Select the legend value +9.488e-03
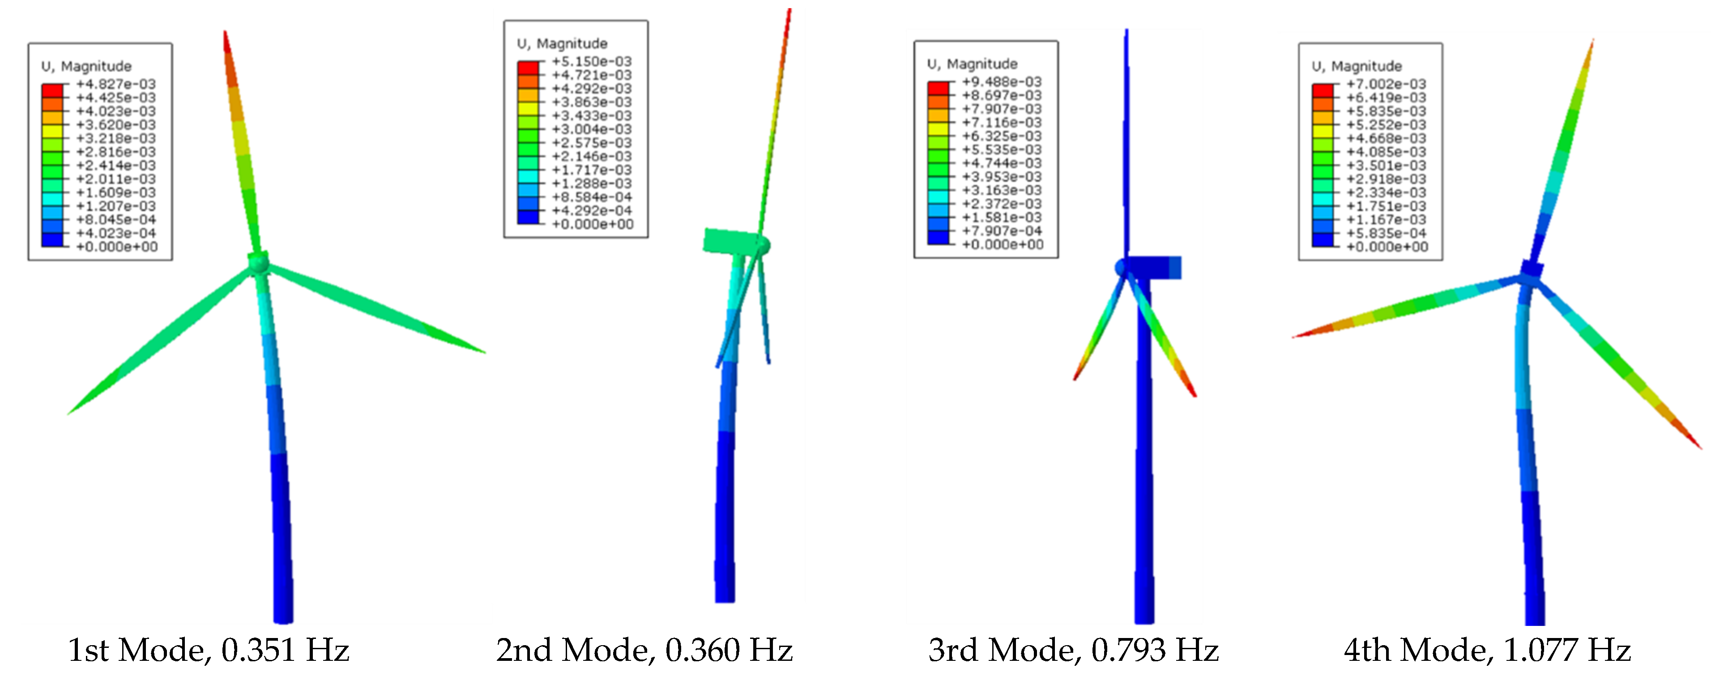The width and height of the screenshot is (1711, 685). coord(1002,81)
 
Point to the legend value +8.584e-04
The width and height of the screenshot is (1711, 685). coord(591,197)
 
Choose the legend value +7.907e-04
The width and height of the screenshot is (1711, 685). coord(1002,231)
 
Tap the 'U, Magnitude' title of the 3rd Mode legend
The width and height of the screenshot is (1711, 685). coord(972,64)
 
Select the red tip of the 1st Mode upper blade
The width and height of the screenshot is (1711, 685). coord(226,41)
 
